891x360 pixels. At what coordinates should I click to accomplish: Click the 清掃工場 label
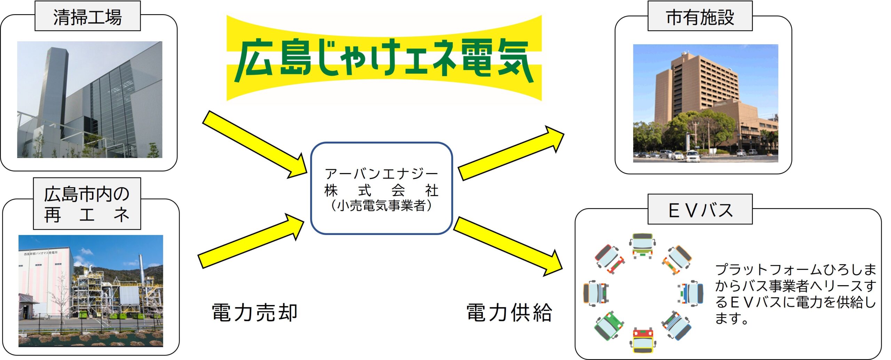click(87, 16)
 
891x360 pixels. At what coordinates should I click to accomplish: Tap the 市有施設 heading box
click(700, 16)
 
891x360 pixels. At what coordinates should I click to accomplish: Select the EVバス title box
click(700, 210)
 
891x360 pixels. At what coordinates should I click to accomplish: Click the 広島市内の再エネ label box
click(87, 204)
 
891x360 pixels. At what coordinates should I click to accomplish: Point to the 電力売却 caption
click(254, 312)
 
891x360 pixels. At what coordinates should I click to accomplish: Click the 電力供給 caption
click(509, 312)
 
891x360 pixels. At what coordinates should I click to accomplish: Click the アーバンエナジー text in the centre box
click(381, 173)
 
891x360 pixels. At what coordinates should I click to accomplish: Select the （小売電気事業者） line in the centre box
click(381, 206)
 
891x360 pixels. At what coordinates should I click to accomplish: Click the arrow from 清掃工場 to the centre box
click(254, 144)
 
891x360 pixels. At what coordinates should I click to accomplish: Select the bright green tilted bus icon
click(608, 326)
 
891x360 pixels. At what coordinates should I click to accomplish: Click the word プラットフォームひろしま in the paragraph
click(795, 269)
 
